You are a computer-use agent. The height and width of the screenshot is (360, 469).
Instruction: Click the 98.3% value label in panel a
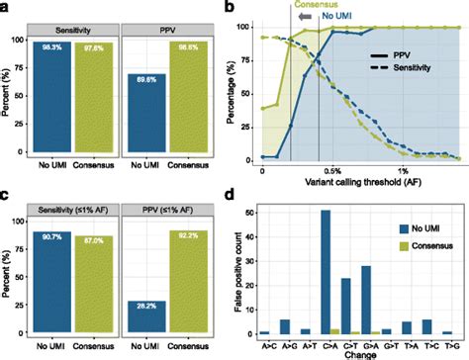pyautogui.click(x=65, y=45)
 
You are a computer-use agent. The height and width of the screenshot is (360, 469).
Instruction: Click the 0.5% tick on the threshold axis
pyautogui.click(x=333, y=170)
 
